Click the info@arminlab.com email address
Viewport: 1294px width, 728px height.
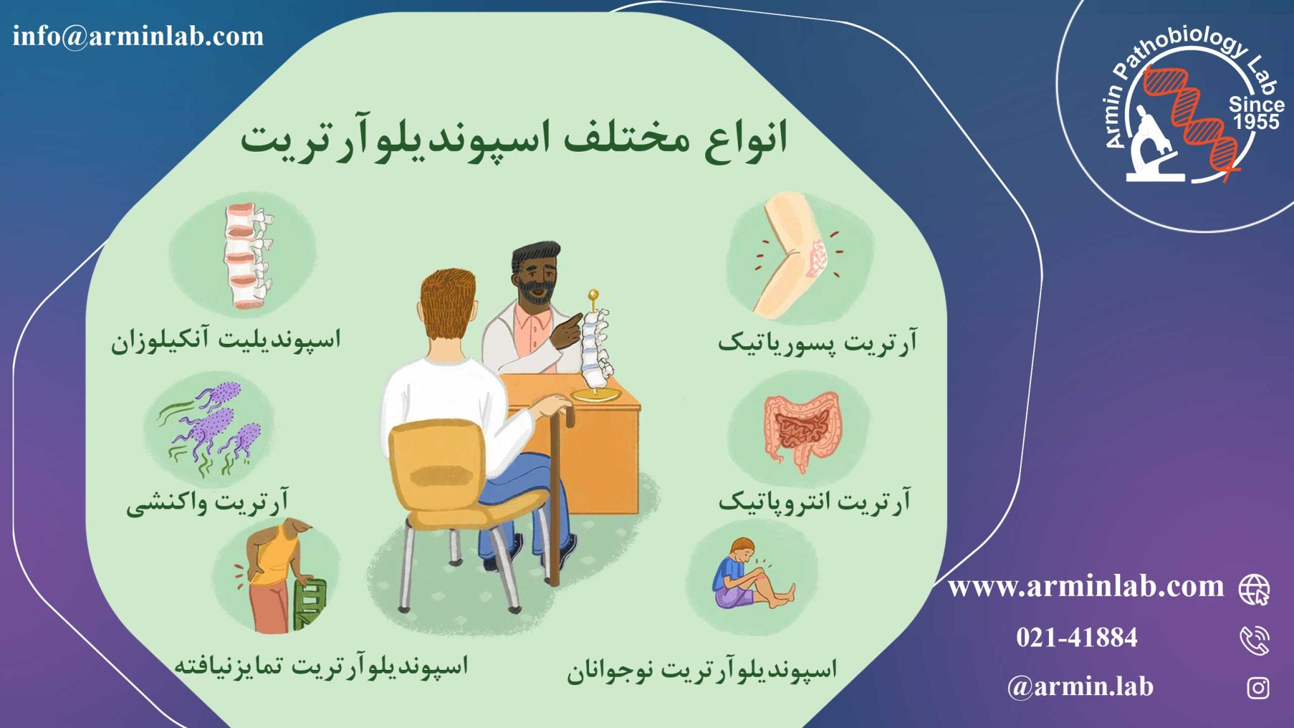(x=138, y=36)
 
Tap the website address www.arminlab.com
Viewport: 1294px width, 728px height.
(x=1085, y=587)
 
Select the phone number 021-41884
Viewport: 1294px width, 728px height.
(x=1077, y=637)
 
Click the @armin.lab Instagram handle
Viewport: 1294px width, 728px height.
(x=1080, y=686)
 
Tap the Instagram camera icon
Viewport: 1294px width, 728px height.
(x=1258, y=688)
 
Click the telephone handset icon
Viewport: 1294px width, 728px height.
(x=1255, y=640)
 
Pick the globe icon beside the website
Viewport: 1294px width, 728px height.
(x=1254, y=590)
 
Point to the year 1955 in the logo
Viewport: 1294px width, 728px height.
(x=1256, y=121)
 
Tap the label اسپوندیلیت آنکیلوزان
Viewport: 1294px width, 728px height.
(x=226, y=341)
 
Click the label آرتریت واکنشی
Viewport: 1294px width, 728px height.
(x=207, y=502)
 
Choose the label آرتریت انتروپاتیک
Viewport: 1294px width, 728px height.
(x=814, y=502)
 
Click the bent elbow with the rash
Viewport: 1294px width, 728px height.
(x=796, y=256)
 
